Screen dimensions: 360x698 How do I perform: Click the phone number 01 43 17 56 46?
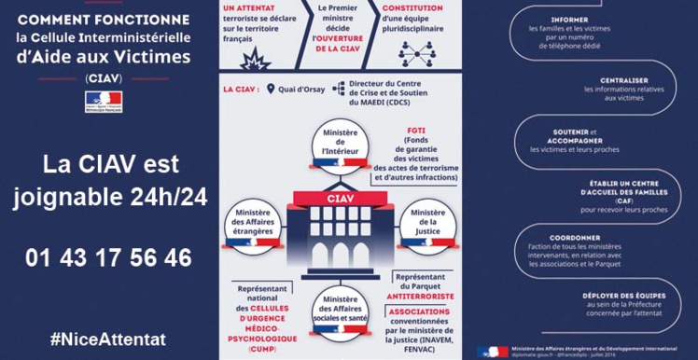coord(110,257)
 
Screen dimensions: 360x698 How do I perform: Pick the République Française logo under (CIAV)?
coord(110,101)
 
